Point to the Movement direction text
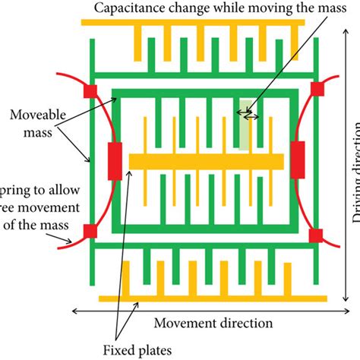click(213, 324)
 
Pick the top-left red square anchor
click(89, 92)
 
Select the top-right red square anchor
click(317, 89)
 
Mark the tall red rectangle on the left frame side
click(115, 160)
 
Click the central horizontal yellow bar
click(206, 161)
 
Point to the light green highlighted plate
click(243, 124)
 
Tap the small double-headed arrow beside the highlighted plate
click(250, 116)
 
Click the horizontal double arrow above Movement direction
click(205, 310)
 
